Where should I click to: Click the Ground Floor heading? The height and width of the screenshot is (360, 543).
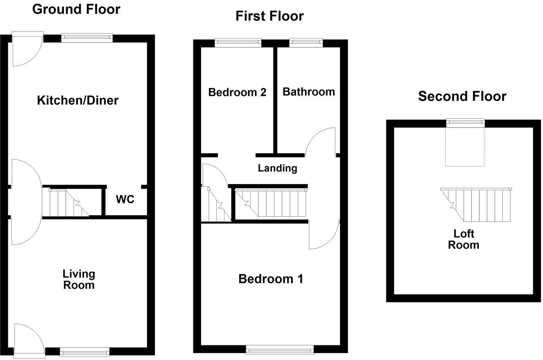click(x=76, y=9)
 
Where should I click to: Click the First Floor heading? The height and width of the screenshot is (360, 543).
click(x=269, y=16)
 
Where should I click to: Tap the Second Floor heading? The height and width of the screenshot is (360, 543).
click(x=462, y=96)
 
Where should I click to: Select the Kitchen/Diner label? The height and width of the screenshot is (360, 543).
click(x=78, y=100)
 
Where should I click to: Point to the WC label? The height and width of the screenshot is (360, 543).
click(x=125, y=199)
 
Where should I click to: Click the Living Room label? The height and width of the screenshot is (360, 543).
click(x=79, y=279)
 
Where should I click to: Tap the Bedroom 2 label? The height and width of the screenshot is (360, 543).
click(x=237, y=92)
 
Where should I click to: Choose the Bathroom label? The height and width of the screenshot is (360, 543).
click(x=309, y=92)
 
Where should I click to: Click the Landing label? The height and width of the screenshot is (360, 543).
click(x=277, y=168)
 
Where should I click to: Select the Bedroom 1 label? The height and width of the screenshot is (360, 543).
click(x=271, y=279)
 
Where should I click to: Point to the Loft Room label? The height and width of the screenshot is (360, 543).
click(x=464, y=239)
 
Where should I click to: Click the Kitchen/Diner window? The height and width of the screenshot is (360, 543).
click(x=87, y=38)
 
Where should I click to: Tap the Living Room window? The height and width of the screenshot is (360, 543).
click(x=85, y=351)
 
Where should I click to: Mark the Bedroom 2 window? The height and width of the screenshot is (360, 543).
click(x=238, y=42)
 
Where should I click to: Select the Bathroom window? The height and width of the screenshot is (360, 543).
click(x=306, y=42)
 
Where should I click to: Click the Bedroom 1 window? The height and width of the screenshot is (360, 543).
click(x=280, y=349)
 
